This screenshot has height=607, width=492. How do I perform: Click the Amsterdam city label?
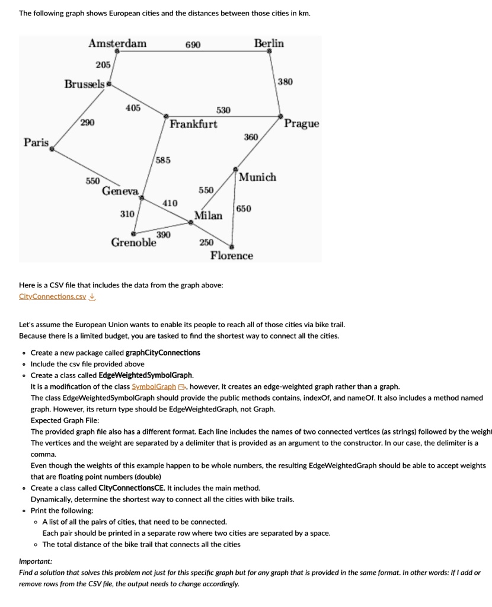pos(117,43)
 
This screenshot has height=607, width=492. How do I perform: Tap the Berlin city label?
pos(269,43)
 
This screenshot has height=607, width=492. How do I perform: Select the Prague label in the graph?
pos(301,124)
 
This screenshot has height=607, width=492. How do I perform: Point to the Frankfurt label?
pos(193,124)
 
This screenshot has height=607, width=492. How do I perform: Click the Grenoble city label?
pos(134,242)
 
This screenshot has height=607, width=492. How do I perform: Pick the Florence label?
pos(232,255)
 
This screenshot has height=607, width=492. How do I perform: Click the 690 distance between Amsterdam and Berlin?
pos(193,45)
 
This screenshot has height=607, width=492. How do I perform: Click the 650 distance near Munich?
pos(244,209)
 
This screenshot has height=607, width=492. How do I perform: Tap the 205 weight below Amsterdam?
pos(103,65)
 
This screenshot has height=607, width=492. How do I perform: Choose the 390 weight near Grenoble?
pos(164,235)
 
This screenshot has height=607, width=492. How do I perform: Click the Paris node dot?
pos(52,151)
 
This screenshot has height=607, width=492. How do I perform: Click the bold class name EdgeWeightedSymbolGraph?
pos(146,375)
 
